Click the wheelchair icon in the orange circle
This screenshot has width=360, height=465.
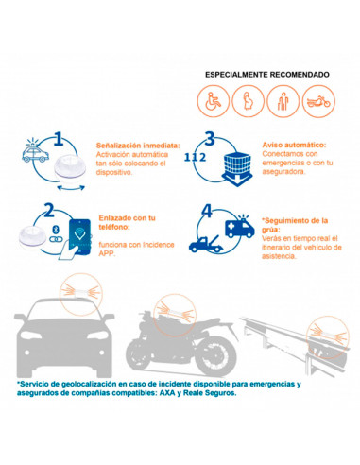(x=214, y=101)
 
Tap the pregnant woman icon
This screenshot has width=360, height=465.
(x=249, y=101)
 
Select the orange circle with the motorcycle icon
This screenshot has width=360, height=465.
(x=318, y=101)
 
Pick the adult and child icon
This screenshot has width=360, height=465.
(x=283, y=101)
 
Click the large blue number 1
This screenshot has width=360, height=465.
(x=59, y=139)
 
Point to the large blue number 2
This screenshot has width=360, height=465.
(x=49, y=210)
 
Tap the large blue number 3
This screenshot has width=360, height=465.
(x=210, y=139)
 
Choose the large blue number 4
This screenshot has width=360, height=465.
(x=207, y=211)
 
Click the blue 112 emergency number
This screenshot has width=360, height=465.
(x=195, y=157)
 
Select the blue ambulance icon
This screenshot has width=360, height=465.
(x=240, y=227)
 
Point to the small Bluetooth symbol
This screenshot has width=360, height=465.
(x=56, y=230)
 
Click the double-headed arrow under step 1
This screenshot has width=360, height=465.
(x=71, y=188)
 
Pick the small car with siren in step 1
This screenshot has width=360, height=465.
(x=35, y=151)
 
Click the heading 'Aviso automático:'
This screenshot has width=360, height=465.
(x=294, y=145)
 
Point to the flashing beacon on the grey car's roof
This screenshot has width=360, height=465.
(x=80, y=292)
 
